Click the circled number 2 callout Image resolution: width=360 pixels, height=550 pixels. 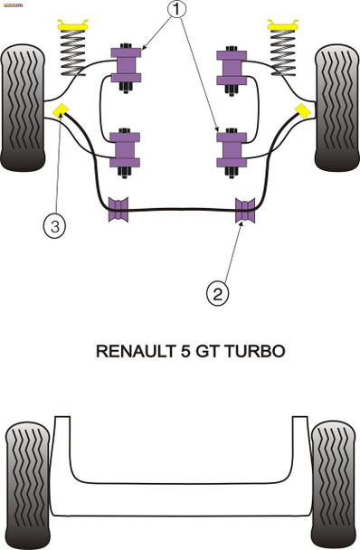point(217,292)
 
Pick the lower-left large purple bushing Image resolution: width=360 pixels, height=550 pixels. point(126,149)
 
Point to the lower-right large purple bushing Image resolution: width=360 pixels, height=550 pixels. point(232,149)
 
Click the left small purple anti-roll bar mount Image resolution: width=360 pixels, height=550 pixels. point(117,208)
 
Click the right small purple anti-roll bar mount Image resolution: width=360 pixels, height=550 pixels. point(243,208)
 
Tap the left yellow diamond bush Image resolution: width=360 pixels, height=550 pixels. point(62,111)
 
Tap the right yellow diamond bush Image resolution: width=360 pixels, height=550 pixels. point(298,111)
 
